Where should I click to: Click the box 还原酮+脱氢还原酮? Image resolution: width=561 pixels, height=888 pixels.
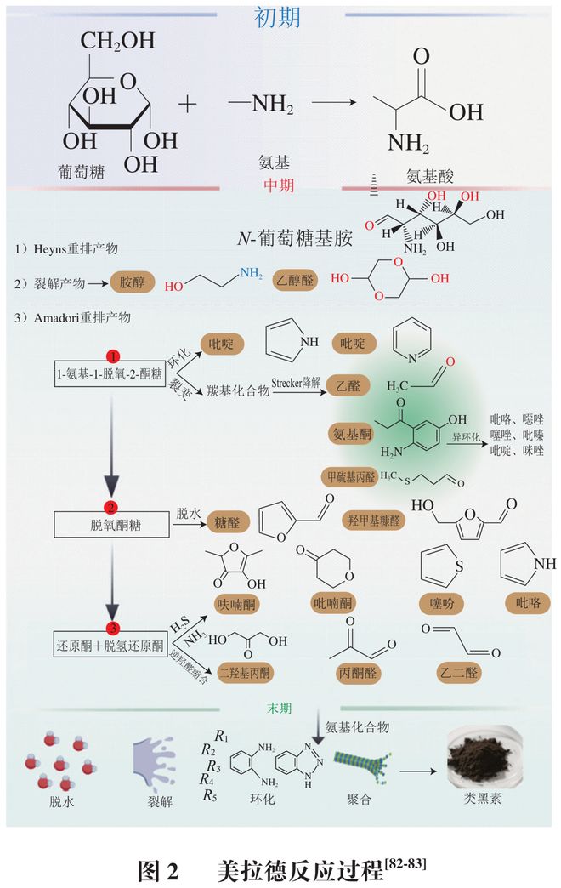pyautogui.click(x=110, y=646)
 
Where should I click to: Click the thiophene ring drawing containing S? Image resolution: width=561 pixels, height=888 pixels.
pyautogui.click(x=444, y=562)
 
